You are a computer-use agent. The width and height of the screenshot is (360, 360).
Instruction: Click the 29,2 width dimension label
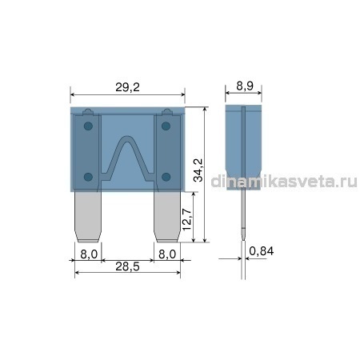coord(127,87)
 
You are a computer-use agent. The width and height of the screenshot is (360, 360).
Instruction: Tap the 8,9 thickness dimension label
coord(245,86)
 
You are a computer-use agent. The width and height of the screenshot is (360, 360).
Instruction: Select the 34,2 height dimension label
coord(198,170)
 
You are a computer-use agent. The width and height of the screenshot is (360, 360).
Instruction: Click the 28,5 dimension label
coord(127,266)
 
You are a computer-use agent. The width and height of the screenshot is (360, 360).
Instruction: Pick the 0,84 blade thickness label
coord(262,251)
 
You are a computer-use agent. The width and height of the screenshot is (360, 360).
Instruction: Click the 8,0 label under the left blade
coord(89,254)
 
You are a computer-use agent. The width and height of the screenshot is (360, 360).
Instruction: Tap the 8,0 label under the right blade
coord(167,254)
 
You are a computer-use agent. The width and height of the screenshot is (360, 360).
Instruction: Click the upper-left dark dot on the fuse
coord(88,126)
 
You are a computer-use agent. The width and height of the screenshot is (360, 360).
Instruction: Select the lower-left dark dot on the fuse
coord(88,177)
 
